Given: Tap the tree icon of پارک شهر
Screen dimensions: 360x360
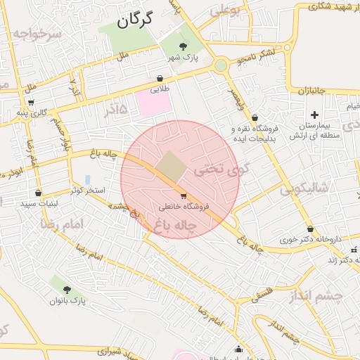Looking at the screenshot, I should tap(184, 46).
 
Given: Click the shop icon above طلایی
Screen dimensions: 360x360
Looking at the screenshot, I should tap(161, 79).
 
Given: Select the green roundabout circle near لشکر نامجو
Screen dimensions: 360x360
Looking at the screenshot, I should tap(221, 65).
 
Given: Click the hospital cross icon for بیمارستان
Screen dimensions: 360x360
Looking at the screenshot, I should tap(314, 115).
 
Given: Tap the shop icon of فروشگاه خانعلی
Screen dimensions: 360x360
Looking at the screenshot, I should tap(184, 196).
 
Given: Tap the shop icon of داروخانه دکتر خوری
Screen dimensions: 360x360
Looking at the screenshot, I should tap(310, 229).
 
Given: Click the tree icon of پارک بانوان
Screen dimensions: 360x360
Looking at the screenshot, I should tap(67, 289).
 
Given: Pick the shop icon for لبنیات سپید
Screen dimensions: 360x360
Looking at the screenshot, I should tap(38, 193).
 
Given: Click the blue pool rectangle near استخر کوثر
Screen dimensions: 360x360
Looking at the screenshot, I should tap(87, 180).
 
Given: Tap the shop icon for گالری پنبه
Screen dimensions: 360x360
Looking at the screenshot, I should tap(31, 102).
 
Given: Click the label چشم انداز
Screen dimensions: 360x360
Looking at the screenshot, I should tap(315, 296).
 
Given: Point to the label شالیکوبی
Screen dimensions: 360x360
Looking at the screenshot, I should tap(304, 188).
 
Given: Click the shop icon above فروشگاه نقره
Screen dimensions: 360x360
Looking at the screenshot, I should tap(254, 117).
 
